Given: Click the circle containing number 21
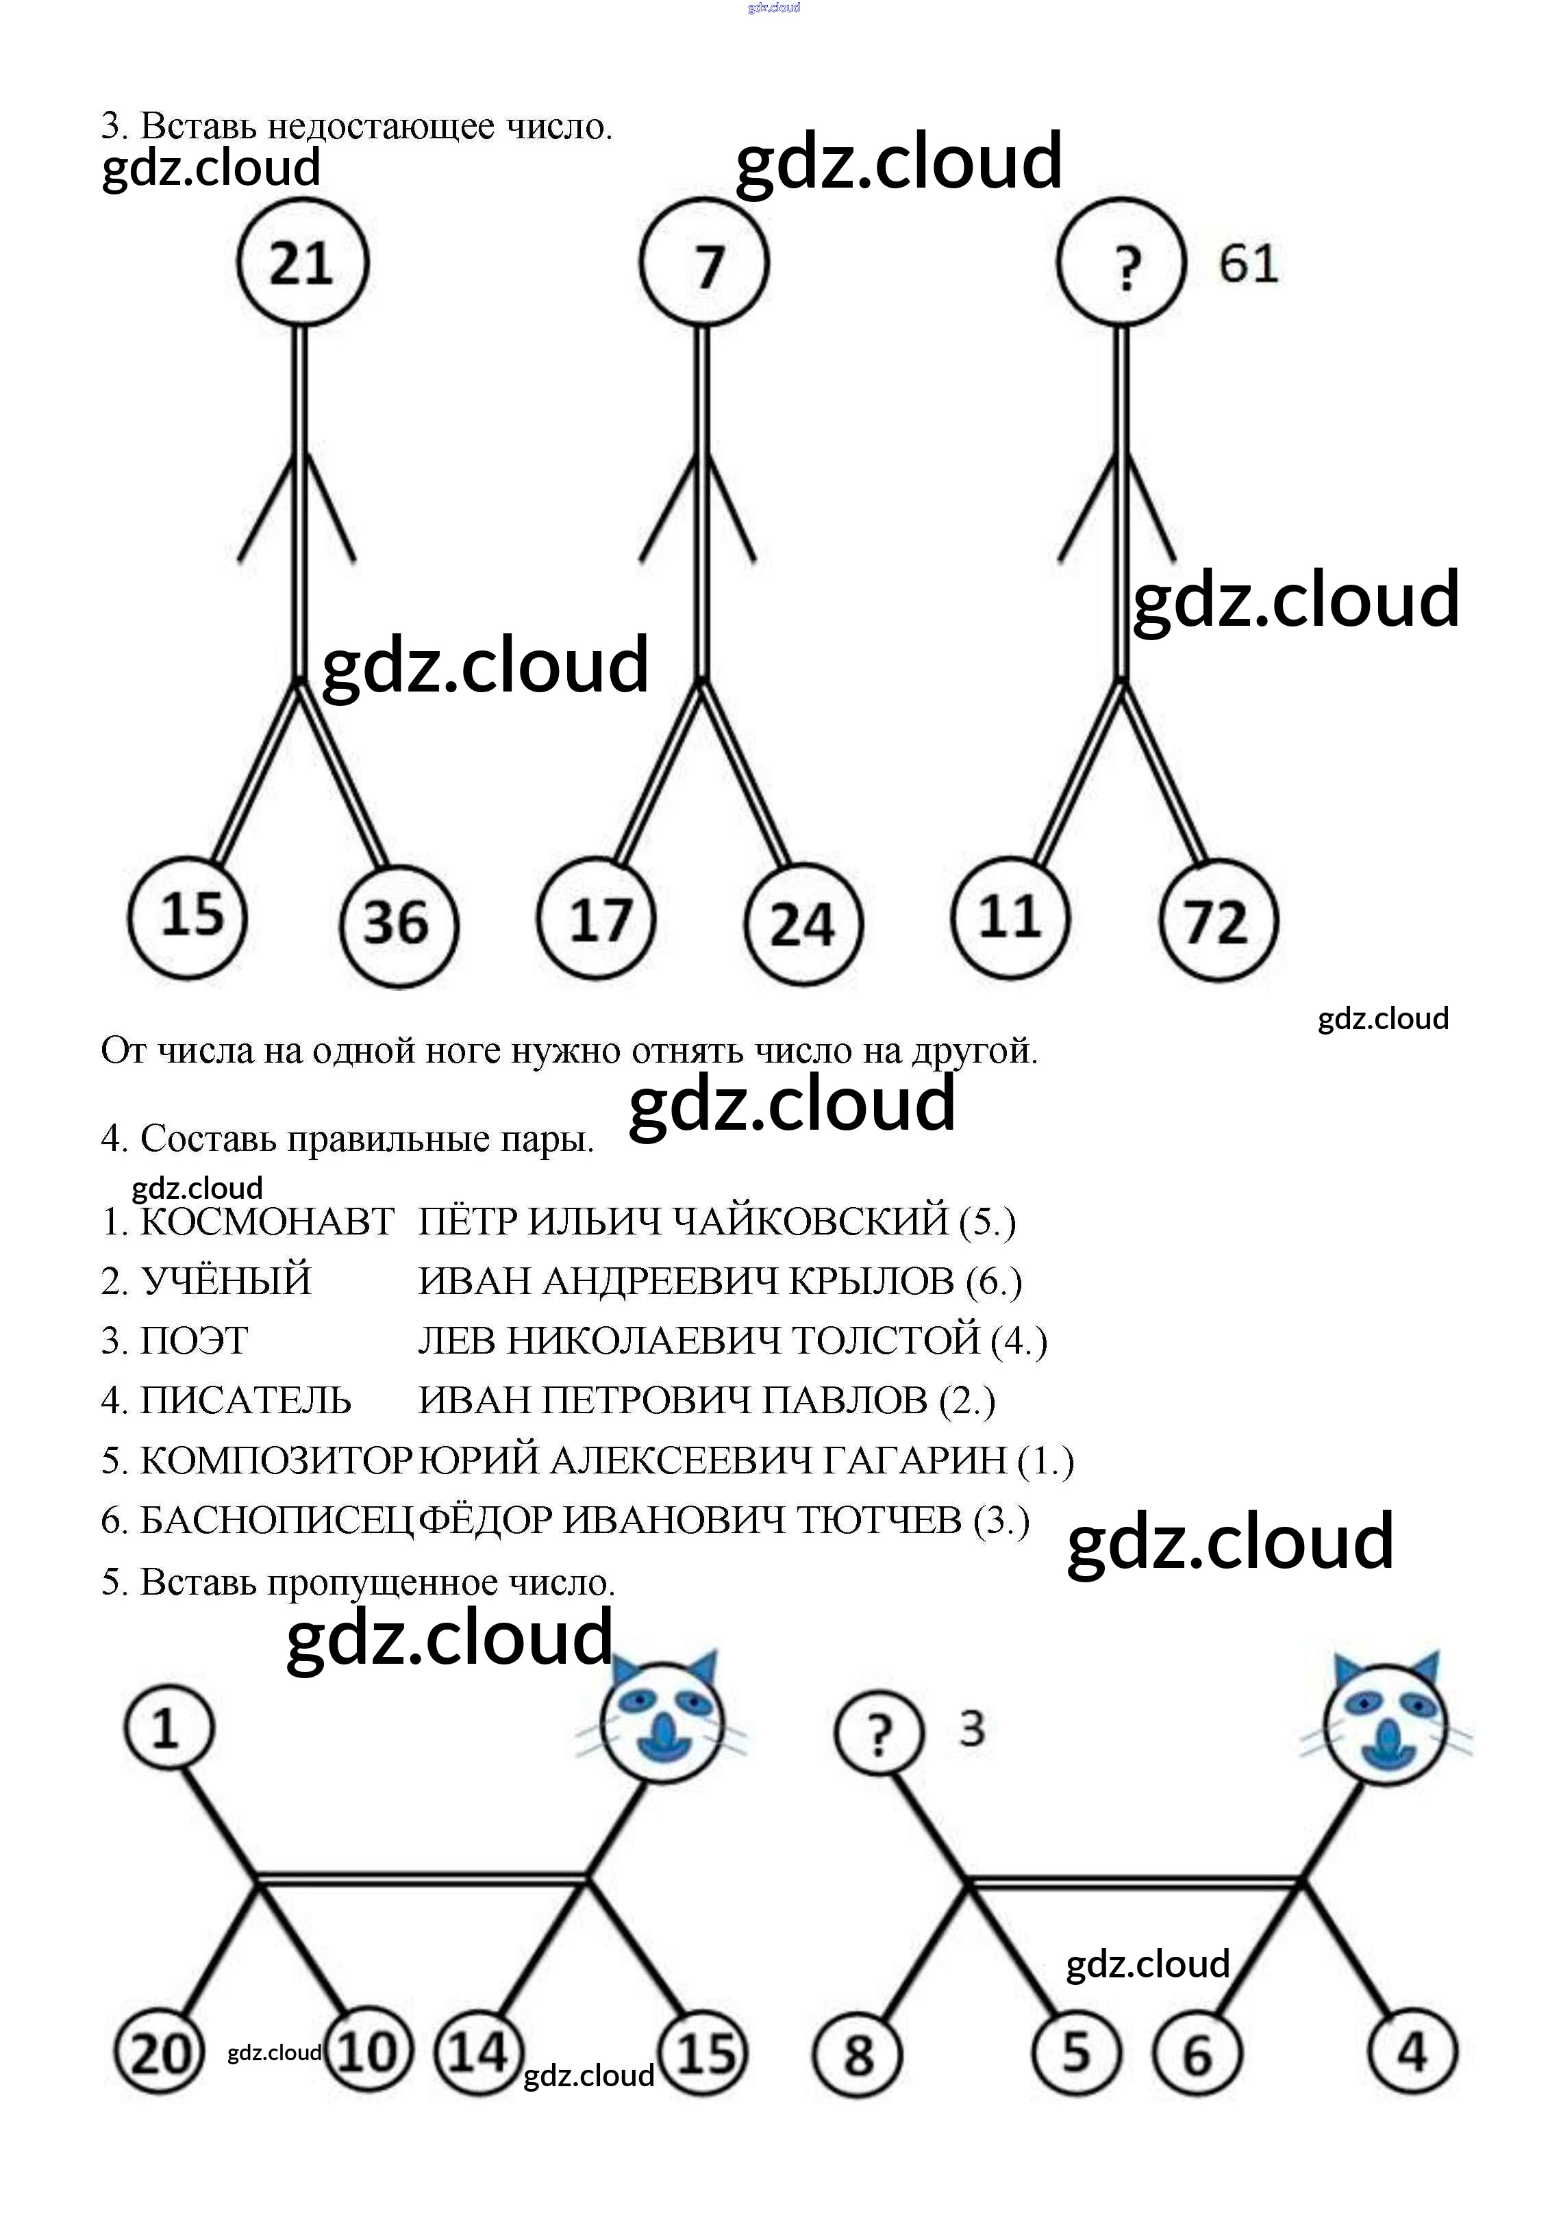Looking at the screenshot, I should point(302,263).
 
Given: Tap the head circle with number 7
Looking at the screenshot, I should point(704,264).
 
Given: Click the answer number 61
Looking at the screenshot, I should point(1248,264).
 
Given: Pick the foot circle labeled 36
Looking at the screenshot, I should point(398,923).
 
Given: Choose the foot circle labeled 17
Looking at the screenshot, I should point(597,918).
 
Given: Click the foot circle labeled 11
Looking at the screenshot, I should point(1010,916).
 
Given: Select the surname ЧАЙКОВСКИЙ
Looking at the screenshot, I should point(809,1221).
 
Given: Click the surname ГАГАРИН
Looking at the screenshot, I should point(914,1460).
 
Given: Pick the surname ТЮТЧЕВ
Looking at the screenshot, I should point(879,1520).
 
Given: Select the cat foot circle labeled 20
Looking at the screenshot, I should point(158,2053).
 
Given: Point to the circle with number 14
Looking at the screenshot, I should point(479,2050).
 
